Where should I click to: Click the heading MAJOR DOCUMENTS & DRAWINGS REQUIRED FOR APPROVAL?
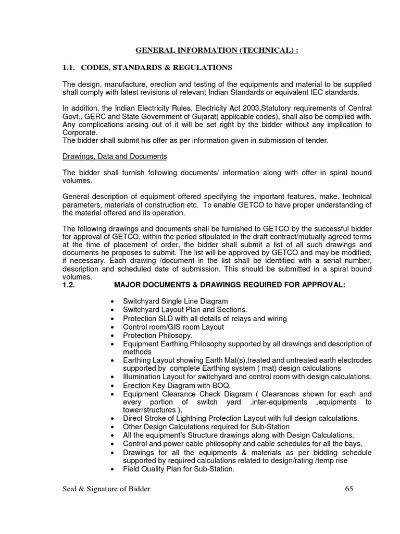click(229, 285)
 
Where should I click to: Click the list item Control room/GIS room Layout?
click(173, 326)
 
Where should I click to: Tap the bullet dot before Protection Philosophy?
click(113, 335)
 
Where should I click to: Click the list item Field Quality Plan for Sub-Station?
click(179, 468)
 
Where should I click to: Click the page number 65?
click(349, 488)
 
